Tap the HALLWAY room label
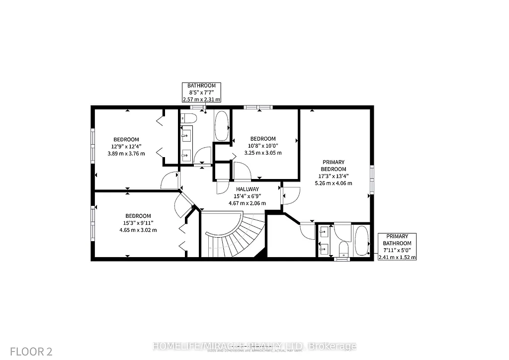(247, 189)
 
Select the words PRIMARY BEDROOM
(334, 166)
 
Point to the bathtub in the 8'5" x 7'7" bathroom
(222, 125)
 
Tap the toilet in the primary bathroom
(342, 247)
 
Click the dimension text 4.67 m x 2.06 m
(247, 203)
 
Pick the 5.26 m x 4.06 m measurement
(334, 183)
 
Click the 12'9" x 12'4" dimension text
(126, 146)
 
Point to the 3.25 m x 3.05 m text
(263, 153)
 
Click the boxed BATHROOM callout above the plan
(201, 92)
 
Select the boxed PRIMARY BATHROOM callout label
(397, 247)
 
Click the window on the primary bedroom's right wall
(372, 179)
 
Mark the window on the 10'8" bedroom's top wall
(257, 107)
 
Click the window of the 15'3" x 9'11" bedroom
(92, 223)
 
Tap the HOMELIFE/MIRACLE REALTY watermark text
(254, 346)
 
